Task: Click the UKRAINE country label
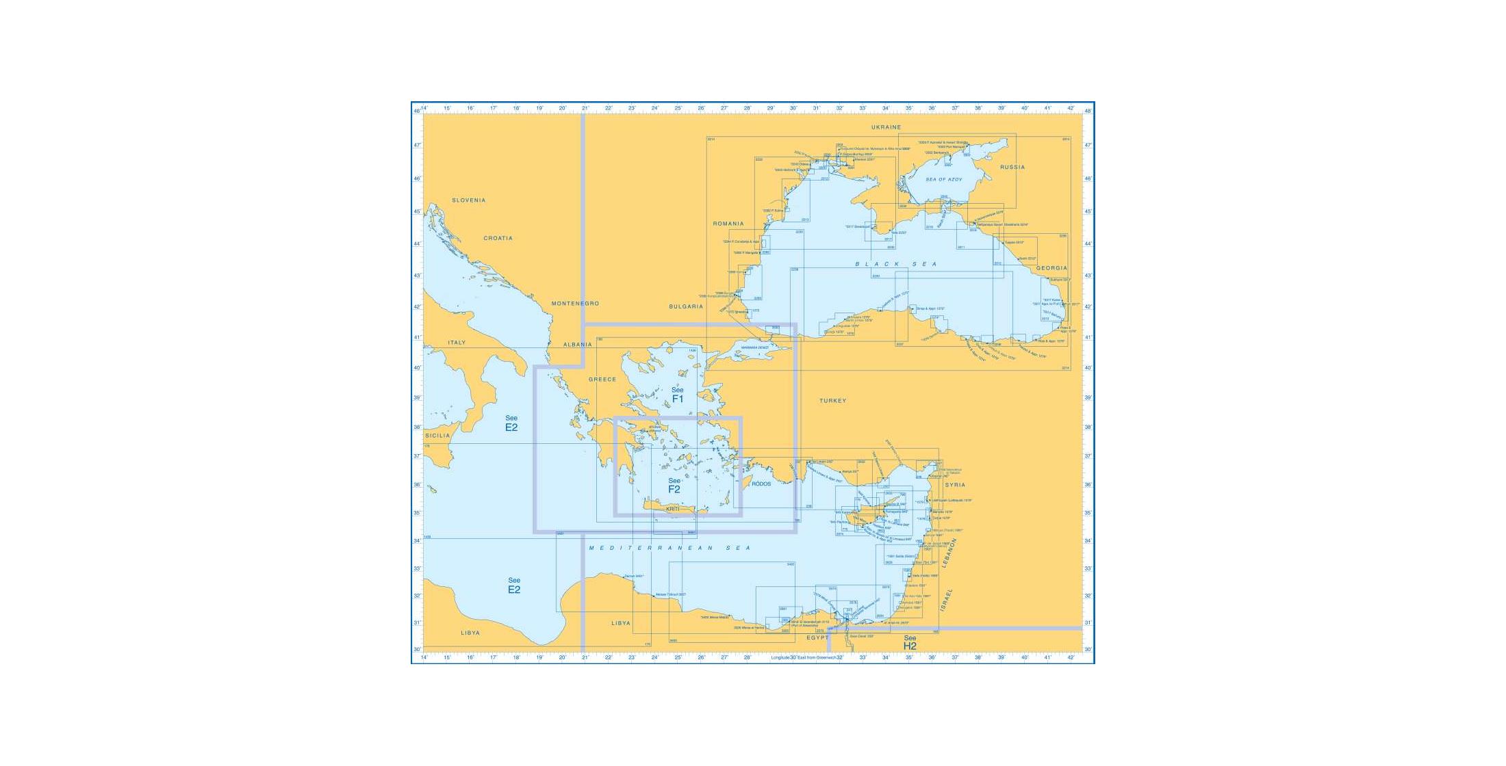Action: coord(886,127)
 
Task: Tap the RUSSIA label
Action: coord(1012,167)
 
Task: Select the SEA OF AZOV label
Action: coord(944,179)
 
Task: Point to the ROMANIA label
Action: coord(728,224)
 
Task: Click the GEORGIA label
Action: coord(1051,268)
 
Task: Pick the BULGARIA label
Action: coord(686,306)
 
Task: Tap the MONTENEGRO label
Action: coord(575,304)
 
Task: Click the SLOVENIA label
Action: coord(468,200)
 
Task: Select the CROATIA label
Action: coord(498,238)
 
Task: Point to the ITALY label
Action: coord(457,343)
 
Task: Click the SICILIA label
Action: coord(437,436)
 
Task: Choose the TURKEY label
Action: coord(832,401)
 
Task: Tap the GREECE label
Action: coord(602,380)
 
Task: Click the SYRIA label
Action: coord(955,485)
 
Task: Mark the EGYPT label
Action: coord(817,637)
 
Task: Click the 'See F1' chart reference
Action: coord(677,395)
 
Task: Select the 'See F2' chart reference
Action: coord(674,486)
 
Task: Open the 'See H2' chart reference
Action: coord(909,643)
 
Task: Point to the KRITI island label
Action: coord(673,509)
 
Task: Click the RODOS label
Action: coord(761,484)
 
